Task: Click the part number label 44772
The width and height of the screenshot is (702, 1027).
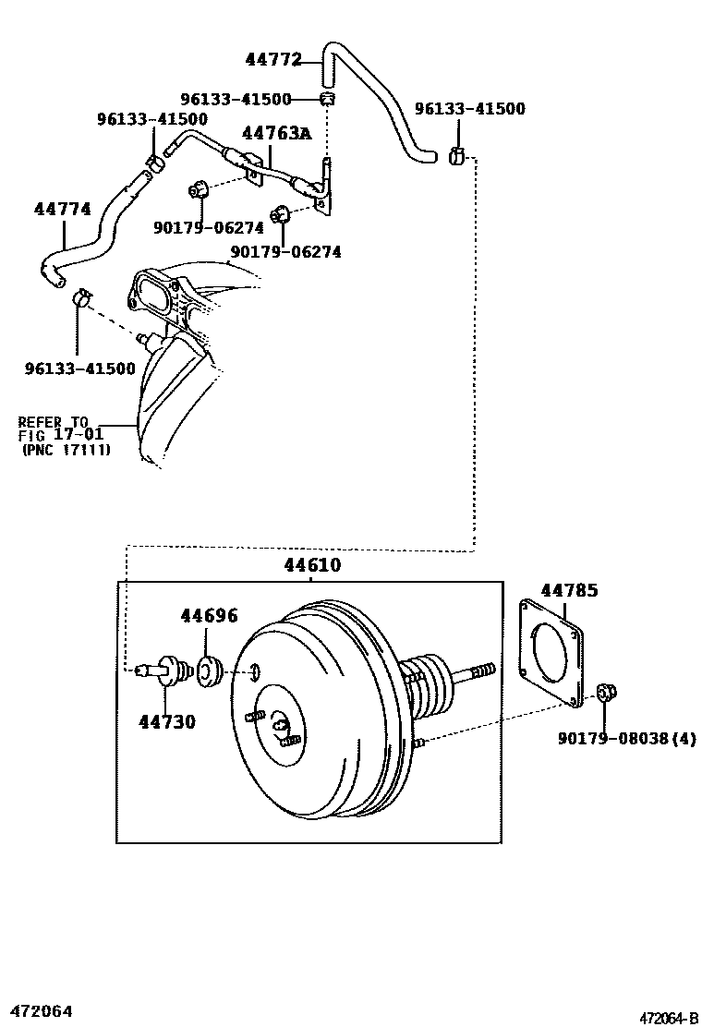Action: click(x=273, y=60)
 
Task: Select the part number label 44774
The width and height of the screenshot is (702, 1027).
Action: click(x=63, y=210)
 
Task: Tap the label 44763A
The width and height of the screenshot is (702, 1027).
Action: click(x=276, y=133)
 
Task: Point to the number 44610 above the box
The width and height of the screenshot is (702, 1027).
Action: click(x=309, y=565)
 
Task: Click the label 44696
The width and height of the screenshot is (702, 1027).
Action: click(x=209, y=616)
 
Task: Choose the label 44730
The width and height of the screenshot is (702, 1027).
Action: click(x=167, y=721)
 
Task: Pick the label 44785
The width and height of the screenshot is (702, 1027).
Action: click(x=569, y=590)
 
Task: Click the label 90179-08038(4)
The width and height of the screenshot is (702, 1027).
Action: click(x=627, y=738)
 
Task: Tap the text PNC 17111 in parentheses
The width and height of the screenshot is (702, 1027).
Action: click(x=66, y=450)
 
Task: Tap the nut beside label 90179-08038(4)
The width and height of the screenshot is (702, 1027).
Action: click(x=606, y=693)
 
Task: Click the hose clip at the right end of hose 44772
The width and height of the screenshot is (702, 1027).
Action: click(x=455, y=157)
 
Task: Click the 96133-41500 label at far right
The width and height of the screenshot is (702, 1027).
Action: click(x=469, y=109)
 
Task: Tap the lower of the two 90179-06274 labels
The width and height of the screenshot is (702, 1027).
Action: click(x=285, y=251)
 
